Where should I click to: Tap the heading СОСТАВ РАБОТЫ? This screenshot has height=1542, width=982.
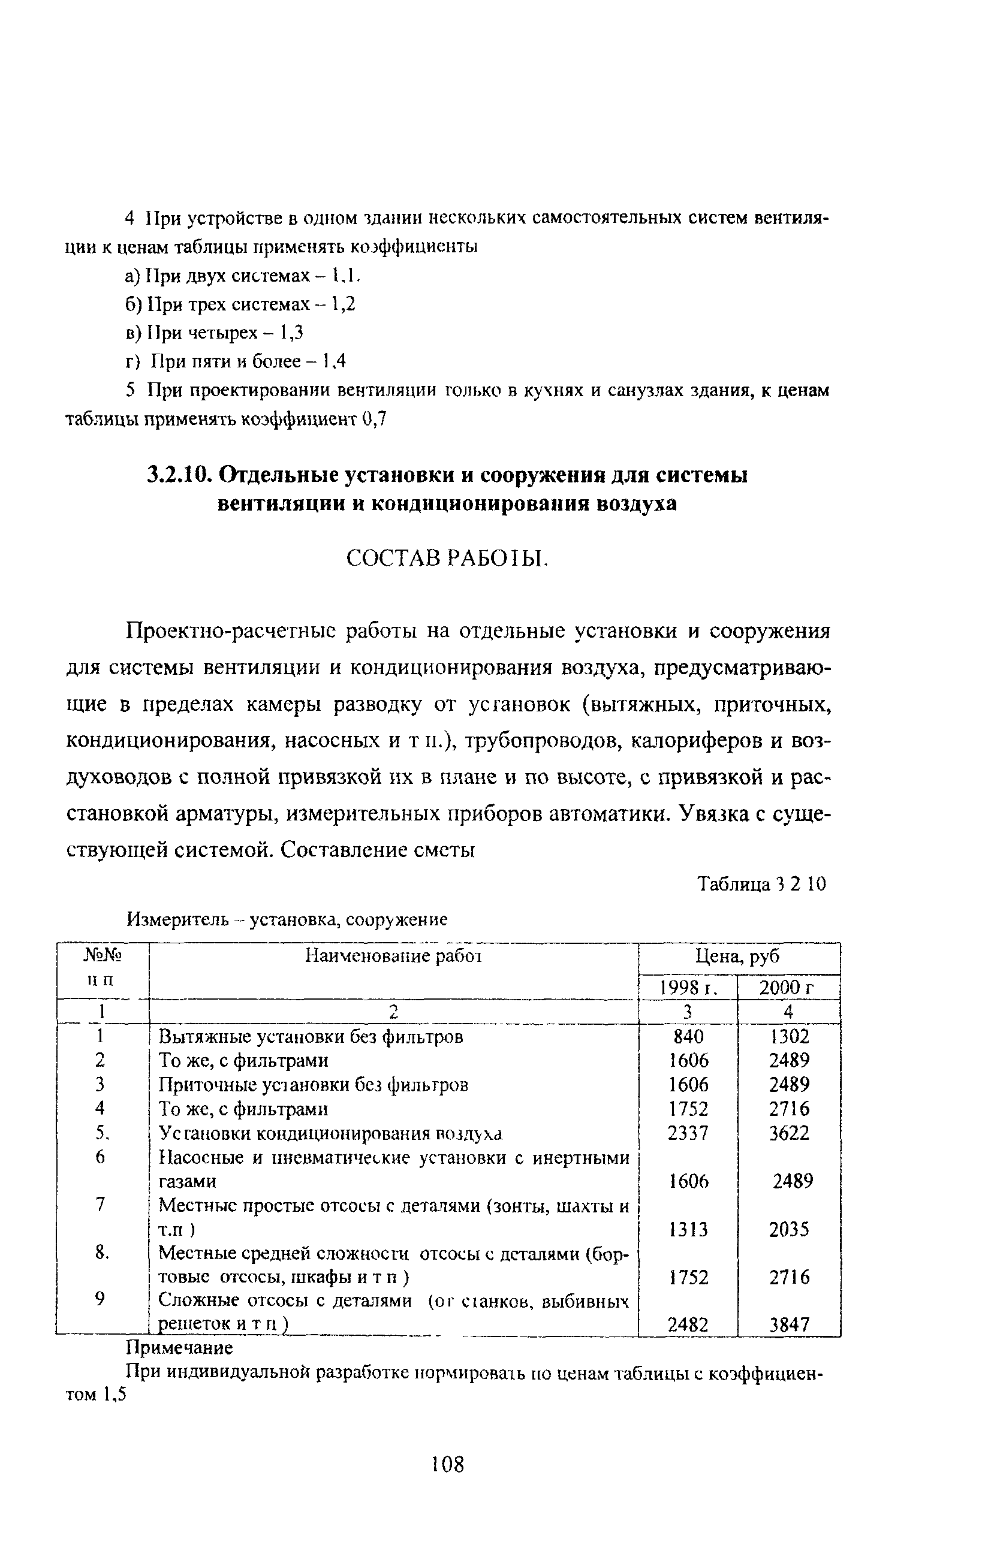447,559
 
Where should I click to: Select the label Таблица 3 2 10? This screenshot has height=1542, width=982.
761,885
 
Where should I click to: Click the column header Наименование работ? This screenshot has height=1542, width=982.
393,956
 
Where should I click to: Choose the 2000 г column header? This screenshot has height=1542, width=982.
787,988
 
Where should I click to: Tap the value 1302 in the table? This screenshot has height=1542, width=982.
789,1036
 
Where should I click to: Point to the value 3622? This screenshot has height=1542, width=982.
789,1133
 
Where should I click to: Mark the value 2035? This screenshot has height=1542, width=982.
789,1230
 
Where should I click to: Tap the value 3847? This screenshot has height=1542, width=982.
789,1324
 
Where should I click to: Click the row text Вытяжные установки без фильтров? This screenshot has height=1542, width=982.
311,1036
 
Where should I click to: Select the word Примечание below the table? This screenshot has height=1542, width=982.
179,1348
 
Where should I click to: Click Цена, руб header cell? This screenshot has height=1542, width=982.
738,956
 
